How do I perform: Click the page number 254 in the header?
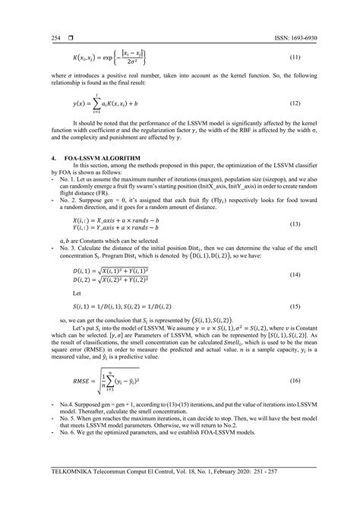point(35,36)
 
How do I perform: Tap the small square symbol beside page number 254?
point(49,36)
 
